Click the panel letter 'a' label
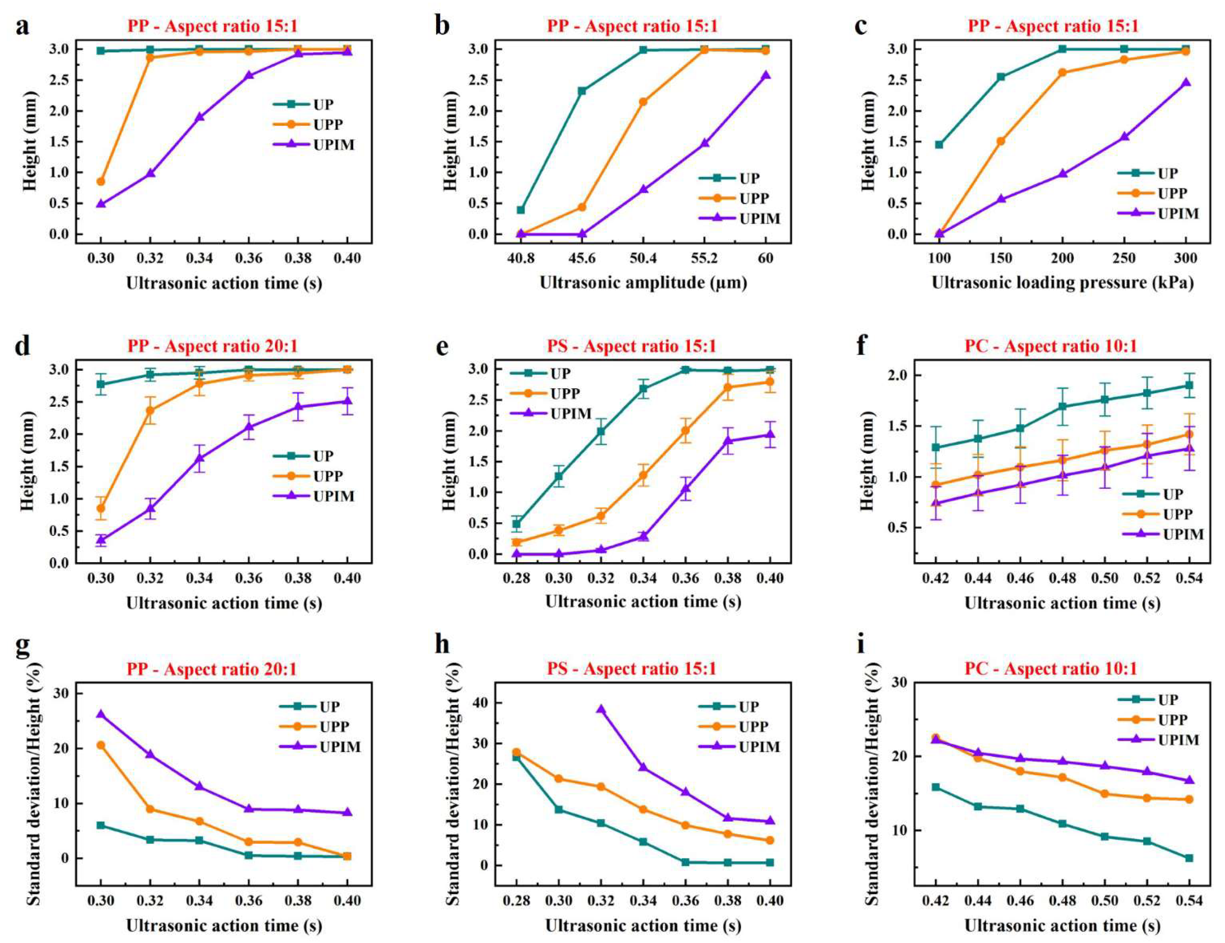point(22,26)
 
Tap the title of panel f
point(1050,346)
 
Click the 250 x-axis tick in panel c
point(1124,258)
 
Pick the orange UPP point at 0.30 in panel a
point(101,181)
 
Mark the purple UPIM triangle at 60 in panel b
point(766,75)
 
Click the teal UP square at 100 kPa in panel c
point(939,145)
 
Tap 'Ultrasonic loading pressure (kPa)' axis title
point(1062,283)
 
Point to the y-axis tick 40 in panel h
point(480,702)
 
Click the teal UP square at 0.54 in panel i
point(1189,858)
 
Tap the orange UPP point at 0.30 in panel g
point(101,745)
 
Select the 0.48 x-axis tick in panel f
point(1062,578)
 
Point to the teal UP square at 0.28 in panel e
point(517,524)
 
